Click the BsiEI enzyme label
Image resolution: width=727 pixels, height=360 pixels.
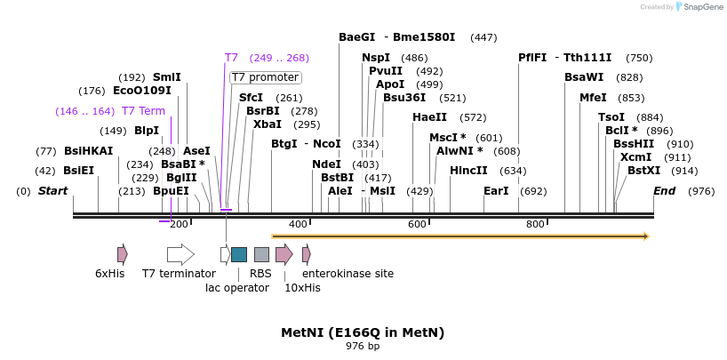(x=78, y=171)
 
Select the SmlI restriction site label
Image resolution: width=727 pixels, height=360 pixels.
(x=166, y=77)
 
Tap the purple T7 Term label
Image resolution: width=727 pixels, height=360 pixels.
(x=143, y=111)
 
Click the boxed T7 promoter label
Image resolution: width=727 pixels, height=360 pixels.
(x=265, y=77)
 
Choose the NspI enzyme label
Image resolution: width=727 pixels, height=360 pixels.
(x=376, y=58)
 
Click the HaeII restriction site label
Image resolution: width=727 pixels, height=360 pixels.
(x=429, y=117)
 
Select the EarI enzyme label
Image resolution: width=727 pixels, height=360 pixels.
(x=496, y=191)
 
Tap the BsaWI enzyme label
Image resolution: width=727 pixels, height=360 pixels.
(x=583, y=77)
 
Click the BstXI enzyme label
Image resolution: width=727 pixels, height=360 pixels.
(x=643, y=171)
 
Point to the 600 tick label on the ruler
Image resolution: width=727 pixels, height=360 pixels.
(x=417, y=224)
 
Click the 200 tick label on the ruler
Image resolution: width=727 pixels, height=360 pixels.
(x=179, y=224)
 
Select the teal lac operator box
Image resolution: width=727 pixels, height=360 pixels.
(x=239, y=254)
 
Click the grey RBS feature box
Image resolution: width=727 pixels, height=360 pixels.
(x=261, y=254)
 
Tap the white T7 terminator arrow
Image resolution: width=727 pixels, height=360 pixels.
(x=180, y=254)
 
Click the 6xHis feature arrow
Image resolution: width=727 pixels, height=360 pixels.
(x=122, y=254)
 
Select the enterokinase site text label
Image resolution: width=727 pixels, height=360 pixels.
(x=348, y=274)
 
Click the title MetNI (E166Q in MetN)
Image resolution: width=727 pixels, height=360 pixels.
(x=363, y=332)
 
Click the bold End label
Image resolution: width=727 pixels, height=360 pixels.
(x=664, y=191)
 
